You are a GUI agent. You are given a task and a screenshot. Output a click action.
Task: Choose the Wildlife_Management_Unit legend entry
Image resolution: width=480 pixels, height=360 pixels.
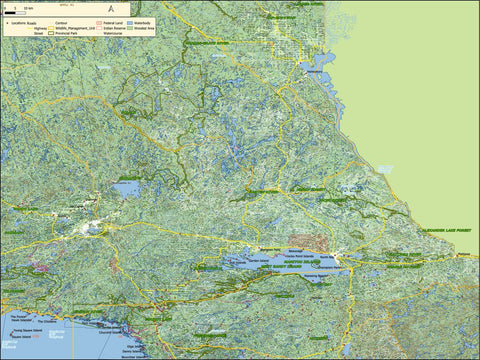pyautogui.click(x=75, y=28)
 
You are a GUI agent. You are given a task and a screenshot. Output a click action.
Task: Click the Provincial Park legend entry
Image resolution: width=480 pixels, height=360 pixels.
pyautogui.click(x=66, y=33)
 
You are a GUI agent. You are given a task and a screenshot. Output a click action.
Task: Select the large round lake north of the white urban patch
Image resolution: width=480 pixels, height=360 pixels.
pyautogui.click(x=127, y=188)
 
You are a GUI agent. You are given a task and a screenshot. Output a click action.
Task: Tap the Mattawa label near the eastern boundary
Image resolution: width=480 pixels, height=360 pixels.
pyautogui.click(x=462, y=257)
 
